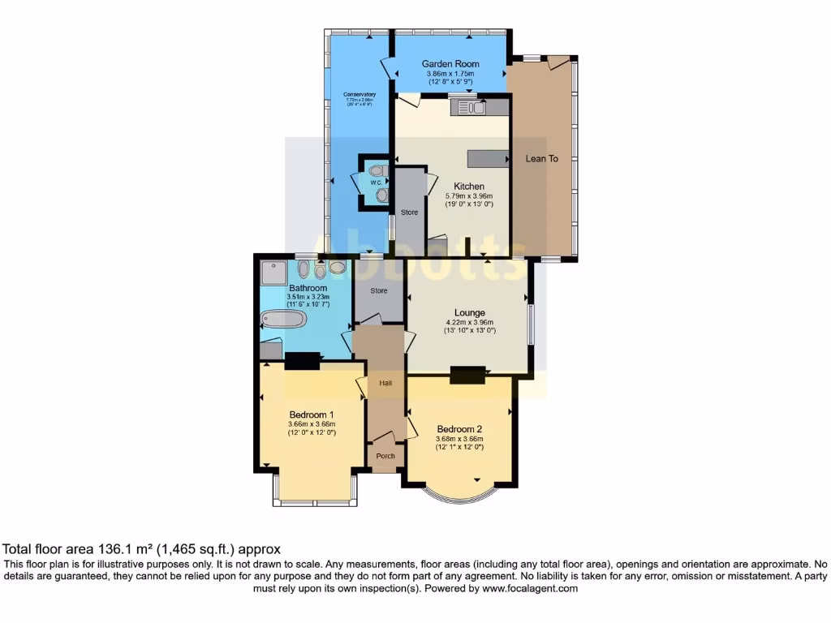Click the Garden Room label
pos(450,63)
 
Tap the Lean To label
pos(542,159)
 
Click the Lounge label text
pos(469,312)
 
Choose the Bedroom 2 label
pos(459,429)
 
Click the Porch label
pos(385,456)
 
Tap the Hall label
pos(385,382)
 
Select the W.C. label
pos(377,183)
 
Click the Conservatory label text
pos(360,95)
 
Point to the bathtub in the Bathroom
pos(283,319)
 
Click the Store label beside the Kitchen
pos(410,213)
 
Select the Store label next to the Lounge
pos(379,290)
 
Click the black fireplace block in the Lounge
pos(467,374)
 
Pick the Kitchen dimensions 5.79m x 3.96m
pos(469,196)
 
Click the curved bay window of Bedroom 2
pos(459,496)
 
